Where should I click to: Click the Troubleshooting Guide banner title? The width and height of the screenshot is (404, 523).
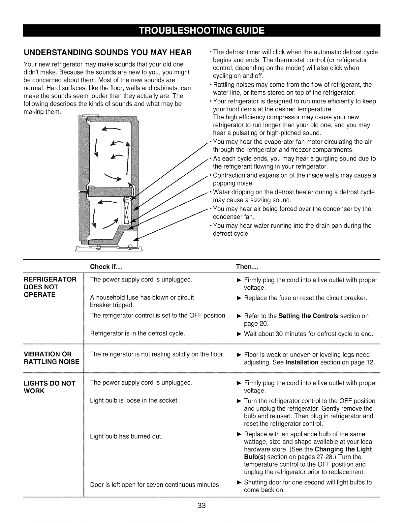coord(202,31)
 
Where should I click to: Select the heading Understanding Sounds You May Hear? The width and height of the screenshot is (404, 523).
coord(108,52)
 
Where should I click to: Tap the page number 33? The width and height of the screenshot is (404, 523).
coord(202,506)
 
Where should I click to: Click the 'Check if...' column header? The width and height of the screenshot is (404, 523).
coord(106,267)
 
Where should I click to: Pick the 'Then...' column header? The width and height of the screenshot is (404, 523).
coord(247,267)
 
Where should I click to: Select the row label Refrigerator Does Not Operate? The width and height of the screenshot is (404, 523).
coord(50,287)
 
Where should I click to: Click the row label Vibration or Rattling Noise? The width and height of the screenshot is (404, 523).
coord(51,358)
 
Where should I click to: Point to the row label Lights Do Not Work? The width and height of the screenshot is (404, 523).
coord(49,387)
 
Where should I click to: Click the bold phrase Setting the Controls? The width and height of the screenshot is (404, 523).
coord(308,316)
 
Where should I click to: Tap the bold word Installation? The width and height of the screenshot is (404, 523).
coord(302,362)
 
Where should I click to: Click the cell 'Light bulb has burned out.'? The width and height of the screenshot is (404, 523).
coord(126,436)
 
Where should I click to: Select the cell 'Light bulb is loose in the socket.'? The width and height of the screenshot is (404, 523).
coord(134,400)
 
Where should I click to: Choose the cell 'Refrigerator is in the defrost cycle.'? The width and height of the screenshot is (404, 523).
coord(138,334)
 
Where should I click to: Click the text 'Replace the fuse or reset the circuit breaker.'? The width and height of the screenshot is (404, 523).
coord(306,298)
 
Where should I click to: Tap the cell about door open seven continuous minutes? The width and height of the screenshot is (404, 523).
coord(155,484)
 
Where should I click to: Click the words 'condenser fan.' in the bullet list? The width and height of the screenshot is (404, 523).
coord(233,217)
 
